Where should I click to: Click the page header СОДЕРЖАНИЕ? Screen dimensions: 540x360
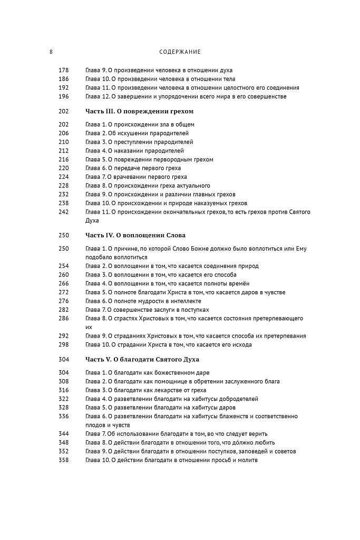(180, 52)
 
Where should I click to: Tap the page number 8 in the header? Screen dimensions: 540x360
(51, 52)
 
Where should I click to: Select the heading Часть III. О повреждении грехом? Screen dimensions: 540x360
(139, 111)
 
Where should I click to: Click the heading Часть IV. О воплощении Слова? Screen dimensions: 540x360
(135, 235)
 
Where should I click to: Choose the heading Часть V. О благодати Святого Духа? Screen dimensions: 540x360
(142, 359)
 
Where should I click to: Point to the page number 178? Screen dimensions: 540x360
(63, 70)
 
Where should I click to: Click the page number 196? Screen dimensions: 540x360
(63, 97)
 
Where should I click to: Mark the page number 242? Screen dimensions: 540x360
(63, 212)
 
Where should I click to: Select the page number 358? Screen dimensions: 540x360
(63, 460)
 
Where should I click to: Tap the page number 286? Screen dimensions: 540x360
(63, 319)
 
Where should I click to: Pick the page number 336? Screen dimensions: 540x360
(63, 417)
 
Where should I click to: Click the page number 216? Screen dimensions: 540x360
(63, 159)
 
